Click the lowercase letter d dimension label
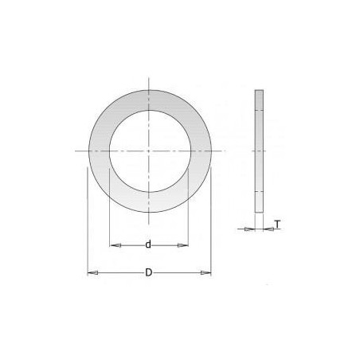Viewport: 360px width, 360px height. pos(148,245)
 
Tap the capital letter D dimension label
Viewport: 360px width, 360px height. pos(149,272)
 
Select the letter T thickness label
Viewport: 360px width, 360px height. pos(277,225)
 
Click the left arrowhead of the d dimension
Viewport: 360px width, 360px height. pos(115,245)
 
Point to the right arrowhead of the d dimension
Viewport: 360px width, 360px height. pos(182,245)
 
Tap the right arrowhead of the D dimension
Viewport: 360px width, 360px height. pos(205,272)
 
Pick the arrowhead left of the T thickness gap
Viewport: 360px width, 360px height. pos(249,229)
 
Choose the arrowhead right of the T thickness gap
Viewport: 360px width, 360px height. pos(268,229)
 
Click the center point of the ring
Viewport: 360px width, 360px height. pos(149,151)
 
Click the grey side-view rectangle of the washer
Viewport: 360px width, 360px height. pos(259,151)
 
